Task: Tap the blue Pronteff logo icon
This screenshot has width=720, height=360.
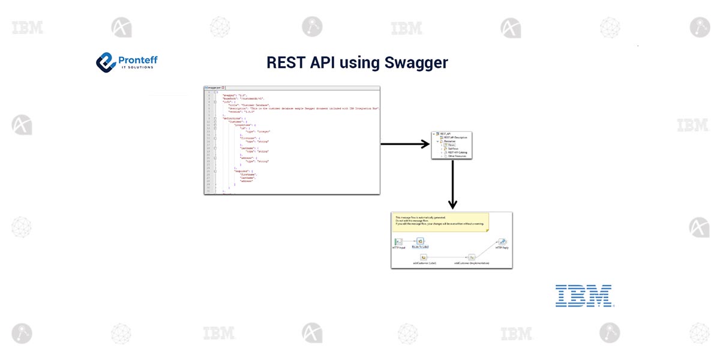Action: point(106,61)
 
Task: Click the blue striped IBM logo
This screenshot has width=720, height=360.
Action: point(583,296)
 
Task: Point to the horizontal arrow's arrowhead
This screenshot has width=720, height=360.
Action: point(425,144)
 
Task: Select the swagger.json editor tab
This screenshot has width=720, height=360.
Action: point(215,88)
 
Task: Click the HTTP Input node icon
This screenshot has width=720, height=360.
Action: point(399,241)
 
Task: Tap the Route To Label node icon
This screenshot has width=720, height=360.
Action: point(420,241)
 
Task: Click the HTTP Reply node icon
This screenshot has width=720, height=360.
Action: point(502,241)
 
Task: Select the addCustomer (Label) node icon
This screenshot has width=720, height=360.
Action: point(424,257)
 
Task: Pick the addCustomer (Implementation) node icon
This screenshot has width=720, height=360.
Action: point(472,257)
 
